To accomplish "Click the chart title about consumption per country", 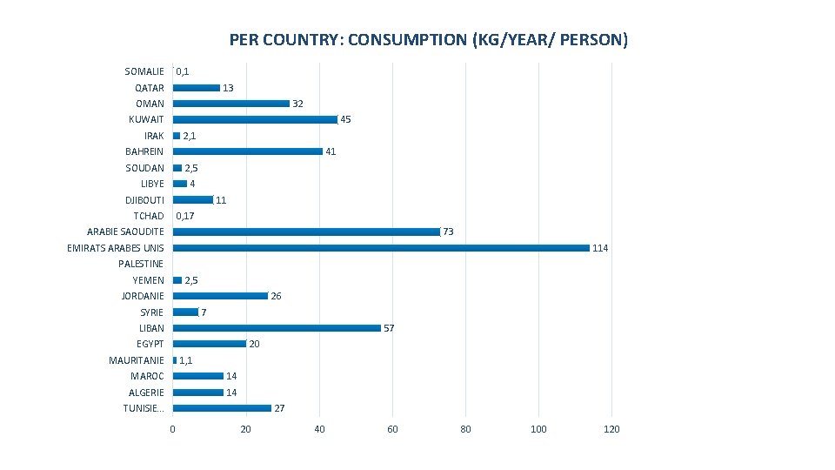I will (x=428, y=40).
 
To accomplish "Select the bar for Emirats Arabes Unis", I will (x=381, y=248).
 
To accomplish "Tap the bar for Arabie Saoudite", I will (x=306, y=232).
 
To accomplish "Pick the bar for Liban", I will (x=277, y=328).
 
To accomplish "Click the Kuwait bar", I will (x=255, y=119).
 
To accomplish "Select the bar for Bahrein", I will (x=247, y=151).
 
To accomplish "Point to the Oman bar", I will (x=230, y=104).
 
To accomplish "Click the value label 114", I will (x=600, y=249).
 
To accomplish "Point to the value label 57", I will (x=390, y=329).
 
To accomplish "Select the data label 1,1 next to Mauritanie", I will (x=186, y=360).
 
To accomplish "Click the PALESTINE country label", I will (x=141, y=264).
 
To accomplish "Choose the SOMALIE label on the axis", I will (x=144, y=71).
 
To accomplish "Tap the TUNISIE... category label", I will (x=144, y=408).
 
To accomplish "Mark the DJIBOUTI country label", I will (x=144, y=200).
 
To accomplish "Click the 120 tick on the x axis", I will (x=611, y=429).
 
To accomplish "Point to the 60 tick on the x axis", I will (x=392, y=429).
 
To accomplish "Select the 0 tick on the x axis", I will (x=172, y=429).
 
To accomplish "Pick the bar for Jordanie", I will (x=220, y=296).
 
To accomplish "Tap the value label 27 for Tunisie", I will (x=279, y=409).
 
